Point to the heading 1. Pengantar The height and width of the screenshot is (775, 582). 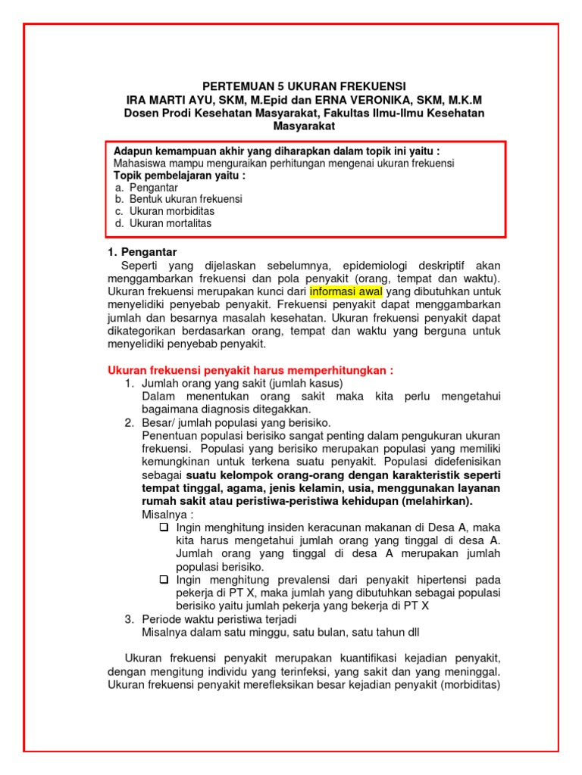pos(142,251)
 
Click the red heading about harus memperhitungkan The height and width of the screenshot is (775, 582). pos(251,370)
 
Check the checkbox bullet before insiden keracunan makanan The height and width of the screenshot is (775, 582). pos(164,527)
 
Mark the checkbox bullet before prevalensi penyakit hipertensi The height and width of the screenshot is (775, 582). pos(164,579)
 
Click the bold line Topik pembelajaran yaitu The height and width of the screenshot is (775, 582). pos(179,175)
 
